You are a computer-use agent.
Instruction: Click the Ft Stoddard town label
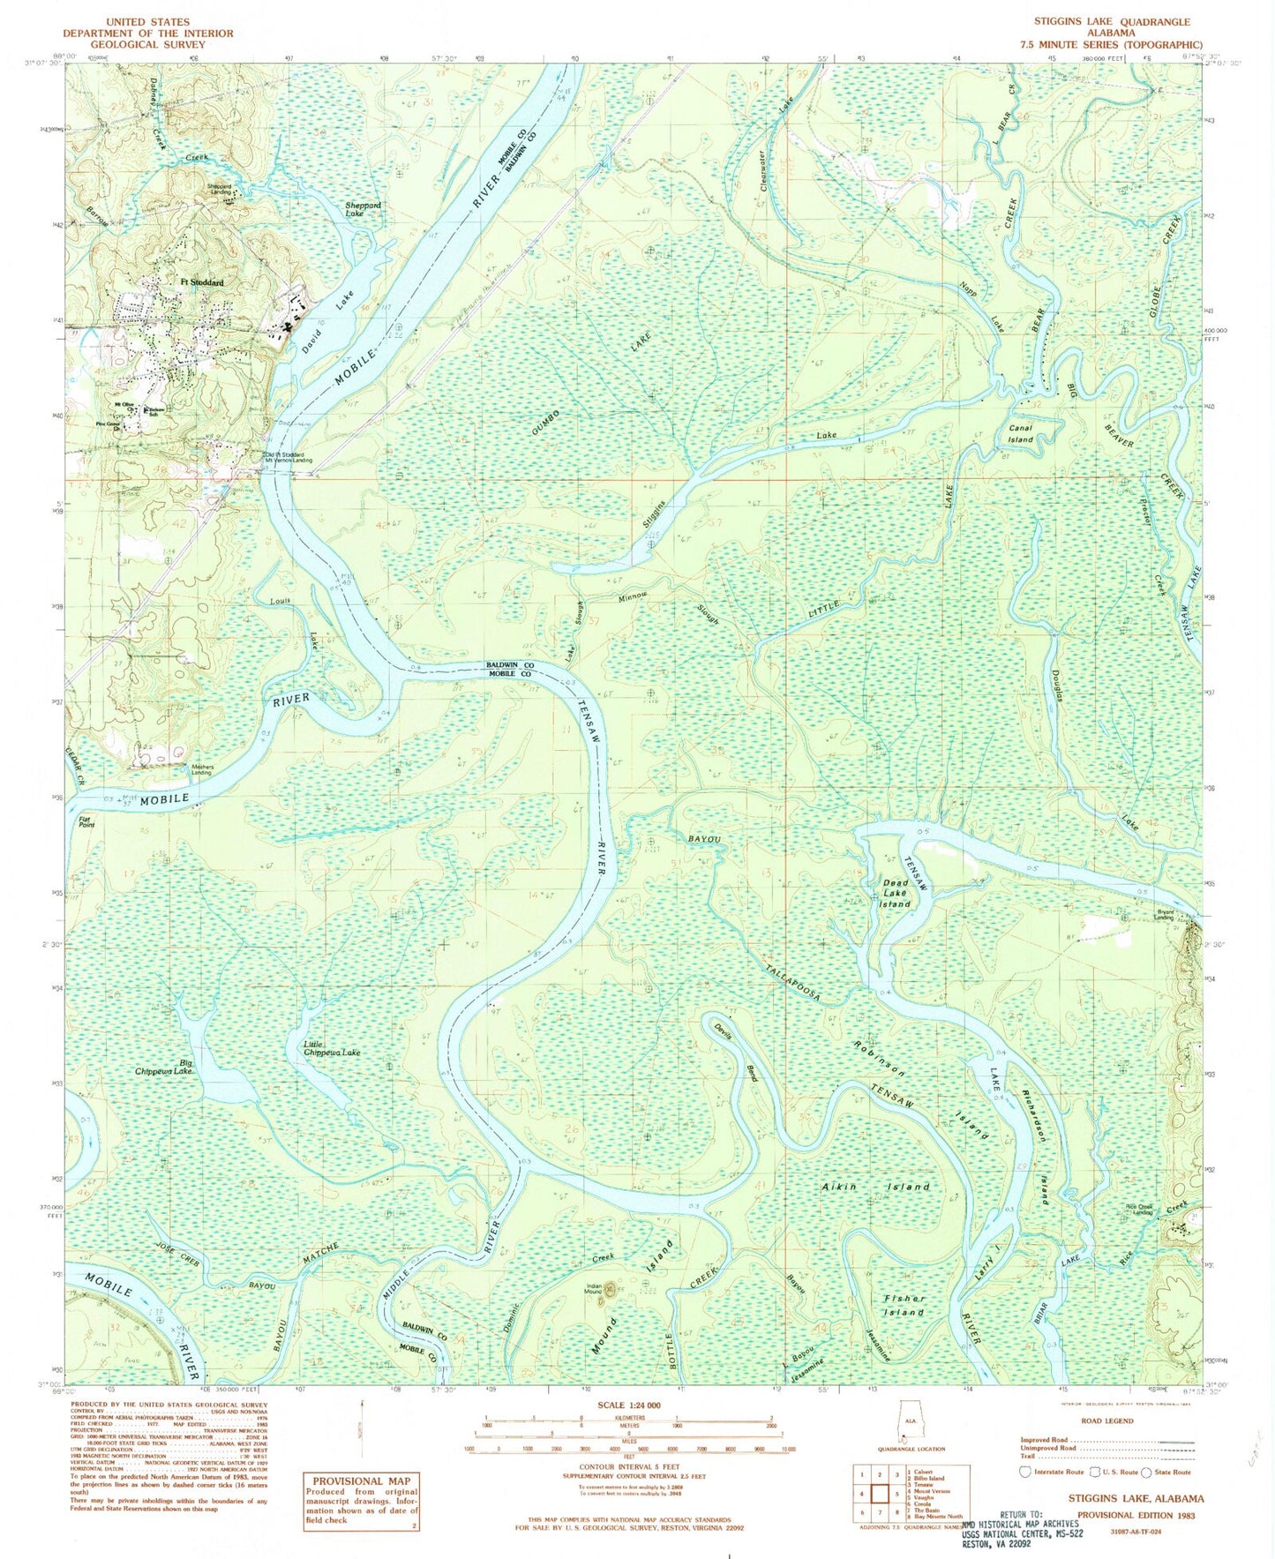(x=202, y=282)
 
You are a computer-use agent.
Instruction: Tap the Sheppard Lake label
(x=363, y=209)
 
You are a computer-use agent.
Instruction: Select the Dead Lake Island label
(x=895, y=893)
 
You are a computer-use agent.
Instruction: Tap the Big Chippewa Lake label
(x=164, y=1067)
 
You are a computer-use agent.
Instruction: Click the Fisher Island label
(x=904, y=1305)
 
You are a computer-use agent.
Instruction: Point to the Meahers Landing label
(x=202, y=769)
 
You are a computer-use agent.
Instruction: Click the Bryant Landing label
(x=1165, y=915)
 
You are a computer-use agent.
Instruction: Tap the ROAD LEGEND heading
(x=1107, y=1420)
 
